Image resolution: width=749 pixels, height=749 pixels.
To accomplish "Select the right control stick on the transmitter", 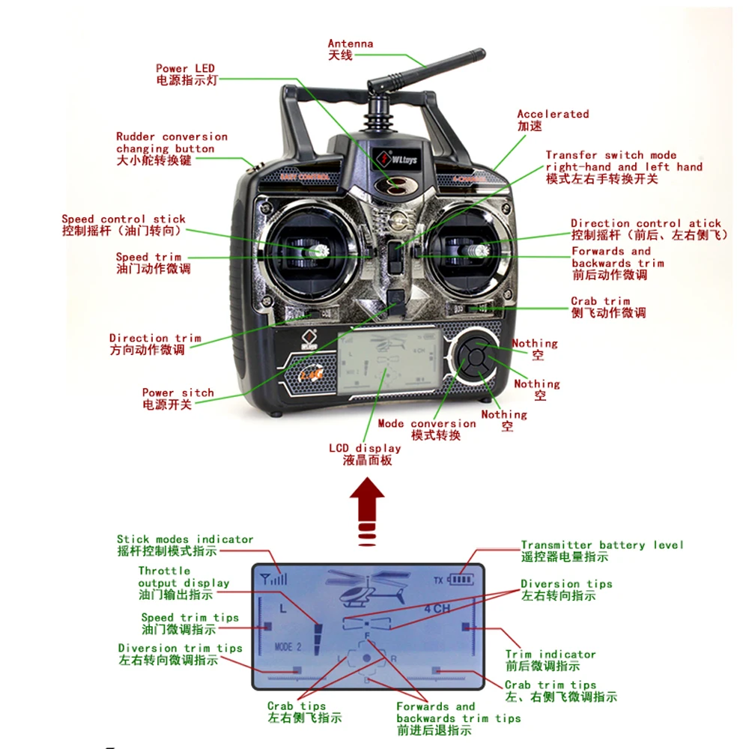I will [x=480, y=252].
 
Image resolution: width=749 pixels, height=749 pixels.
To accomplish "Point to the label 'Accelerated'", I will [x=553, y=115].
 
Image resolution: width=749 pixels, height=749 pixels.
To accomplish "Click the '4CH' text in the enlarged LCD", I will [x=437, y=608].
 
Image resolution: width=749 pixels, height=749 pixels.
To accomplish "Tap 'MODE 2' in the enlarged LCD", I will [x=288, y=646].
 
